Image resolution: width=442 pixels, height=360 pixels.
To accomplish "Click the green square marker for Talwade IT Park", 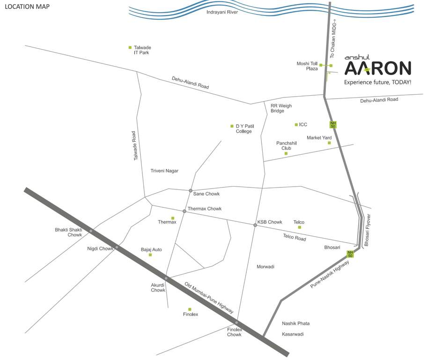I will (x=130, y=47).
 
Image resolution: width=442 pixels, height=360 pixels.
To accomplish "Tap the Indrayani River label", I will (x=222, y=12).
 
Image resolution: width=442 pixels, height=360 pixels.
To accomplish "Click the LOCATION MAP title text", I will (x=27, y=7).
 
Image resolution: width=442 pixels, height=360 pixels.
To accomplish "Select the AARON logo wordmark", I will (x=378, y=68).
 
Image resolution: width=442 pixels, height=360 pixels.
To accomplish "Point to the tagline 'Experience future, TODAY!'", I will (x=377, y=82).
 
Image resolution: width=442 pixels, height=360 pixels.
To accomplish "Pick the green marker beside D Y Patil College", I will (x=232, y=126).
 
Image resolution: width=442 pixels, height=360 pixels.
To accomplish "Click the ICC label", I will (x=303, y=125).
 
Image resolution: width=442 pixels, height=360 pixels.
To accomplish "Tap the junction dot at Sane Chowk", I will (x=191, y=191).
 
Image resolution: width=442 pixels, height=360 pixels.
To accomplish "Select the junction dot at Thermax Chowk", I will (x=184, y=211).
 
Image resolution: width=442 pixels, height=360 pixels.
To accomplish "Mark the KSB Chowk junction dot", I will (x=255, y=225).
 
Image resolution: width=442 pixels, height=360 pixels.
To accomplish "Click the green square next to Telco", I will (x=300, y=227).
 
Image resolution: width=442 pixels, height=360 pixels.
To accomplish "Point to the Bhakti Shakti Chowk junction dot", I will (x=91, y=231).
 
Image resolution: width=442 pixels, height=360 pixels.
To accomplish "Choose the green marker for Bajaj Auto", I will (x=150, y=255).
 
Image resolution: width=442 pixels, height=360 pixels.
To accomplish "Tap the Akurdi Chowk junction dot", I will (x=166, y=278).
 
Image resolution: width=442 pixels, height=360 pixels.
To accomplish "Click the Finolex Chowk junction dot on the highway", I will (x=236, y=322).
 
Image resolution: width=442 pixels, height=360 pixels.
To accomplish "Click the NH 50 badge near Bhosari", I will (x=350, y=254).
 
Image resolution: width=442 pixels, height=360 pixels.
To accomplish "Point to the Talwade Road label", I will (x=136, y=146).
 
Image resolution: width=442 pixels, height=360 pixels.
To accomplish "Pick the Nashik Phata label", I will (x=295, y=323).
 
